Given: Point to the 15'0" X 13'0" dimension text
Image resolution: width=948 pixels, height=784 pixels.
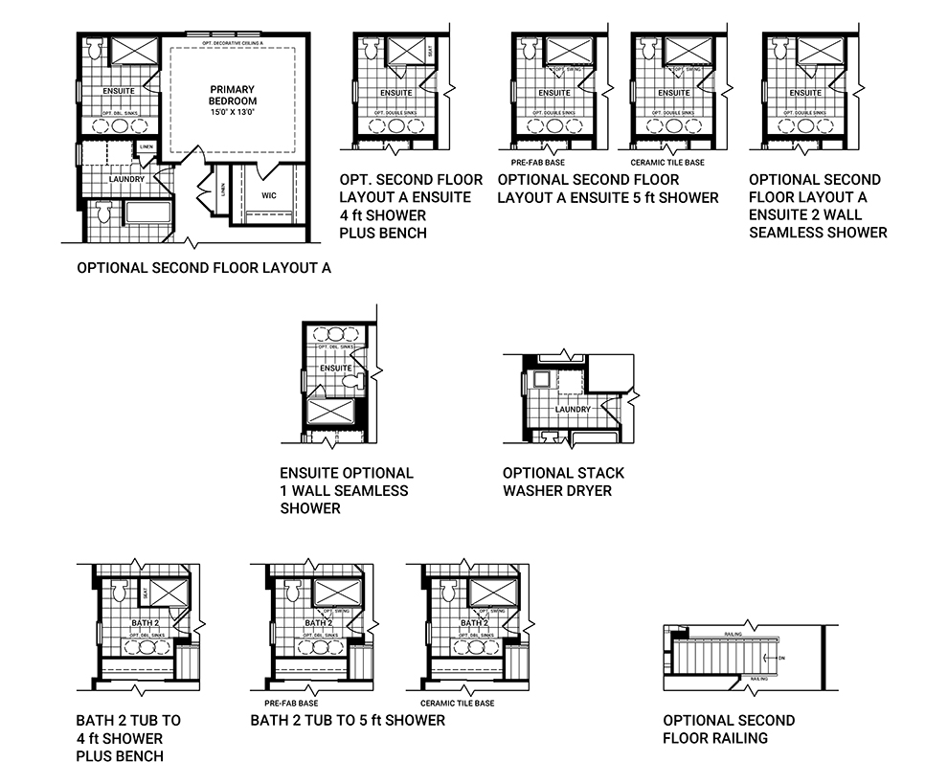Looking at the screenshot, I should (x=234, y=113).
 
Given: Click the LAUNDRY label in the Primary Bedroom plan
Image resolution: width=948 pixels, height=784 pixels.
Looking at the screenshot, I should (x=126, y=179).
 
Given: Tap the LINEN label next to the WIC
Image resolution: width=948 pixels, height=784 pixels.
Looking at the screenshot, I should (x=223, y=189).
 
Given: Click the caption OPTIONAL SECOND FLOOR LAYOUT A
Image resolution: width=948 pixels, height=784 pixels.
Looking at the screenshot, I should (x=204, y=269).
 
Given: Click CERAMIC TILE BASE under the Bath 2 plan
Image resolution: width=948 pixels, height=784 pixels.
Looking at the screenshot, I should (x=457, y=704).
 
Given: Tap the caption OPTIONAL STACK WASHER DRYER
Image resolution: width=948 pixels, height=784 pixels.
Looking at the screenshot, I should (x=563, y=482).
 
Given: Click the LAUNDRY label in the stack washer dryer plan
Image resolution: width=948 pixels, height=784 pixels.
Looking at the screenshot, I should (x=574, y=410).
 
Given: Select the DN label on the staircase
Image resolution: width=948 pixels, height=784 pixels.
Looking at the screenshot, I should (x=782, y=658).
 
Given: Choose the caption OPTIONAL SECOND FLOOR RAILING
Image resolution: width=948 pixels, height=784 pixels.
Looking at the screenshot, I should (x=729, y=729).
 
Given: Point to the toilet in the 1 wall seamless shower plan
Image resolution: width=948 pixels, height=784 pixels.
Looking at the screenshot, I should (x=350, y=381).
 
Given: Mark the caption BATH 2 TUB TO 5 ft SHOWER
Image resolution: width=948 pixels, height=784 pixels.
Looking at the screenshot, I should (x=348, y=720).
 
